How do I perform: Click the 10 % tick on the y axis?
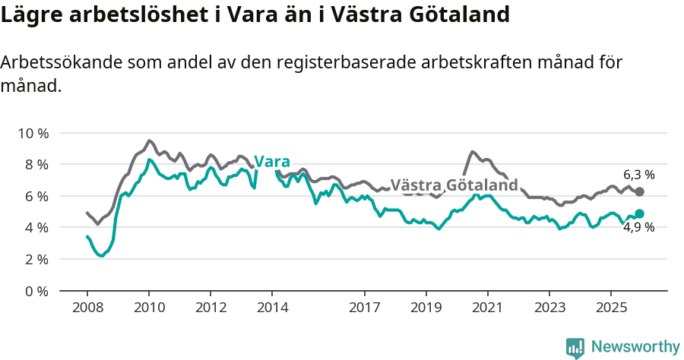33,133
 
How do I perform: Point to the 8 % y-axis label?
36,165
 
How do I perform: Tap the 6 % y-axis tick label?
36,196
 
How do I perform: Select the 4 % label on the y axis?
36,228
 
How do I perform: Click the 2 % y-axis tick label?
36,259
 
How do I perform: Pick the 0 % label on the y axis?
36,291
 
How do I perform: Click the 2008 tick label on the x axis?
87,308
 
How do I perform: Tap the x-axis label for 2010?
149,308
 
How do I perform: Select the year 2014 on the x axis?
272,308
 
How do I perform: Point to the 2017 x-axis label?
364,308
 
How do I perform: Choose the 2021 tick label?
487,308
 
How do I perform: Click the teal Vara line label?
272,162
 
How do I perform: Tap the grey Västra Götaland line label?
454,185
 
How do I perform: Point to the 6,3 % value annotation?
638,175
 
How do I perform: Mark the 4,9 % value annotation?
638,227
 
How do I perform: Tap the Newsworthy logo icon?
575,347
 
